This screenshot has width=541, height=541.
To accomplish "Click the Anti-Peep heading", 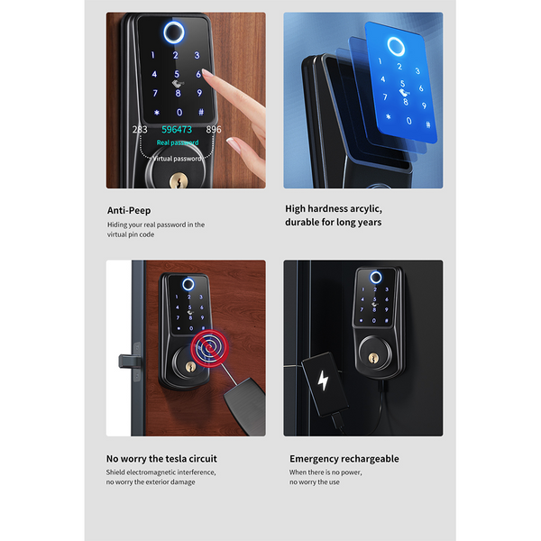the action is pos(129,210).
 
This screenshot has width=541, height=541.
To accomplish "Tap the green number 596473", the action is pos(177,129).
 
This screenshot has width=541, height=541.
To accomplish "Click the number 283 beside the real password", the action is pos(140,129).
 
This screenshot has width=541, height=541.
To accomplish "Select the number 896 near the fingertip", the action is pos(214,129).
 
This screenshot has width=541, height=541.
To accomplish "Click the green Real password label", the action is pos(178,142).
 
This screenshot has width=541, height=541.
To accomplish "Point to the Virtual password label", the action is pos(177,159).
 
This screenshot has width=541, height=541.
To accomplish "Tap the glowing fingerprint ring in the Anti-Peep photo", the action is pos(173,32).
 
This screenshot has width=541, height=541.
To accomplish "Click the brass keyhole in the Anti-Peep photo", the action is pos(179,181).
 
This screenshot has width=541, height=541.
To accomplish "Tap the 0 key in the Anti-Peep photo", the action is pos(179,112).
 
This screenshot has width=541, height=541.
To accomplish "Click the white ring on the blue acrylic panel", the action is pos(396,46).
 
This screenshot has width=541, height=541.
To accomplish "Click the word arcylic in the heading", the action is pos(366,209).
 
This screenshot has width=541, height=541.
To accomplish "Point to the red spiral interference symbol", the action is pos(209,348).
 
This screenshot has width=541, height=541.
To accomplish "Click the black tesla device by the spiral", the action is pos(245,405).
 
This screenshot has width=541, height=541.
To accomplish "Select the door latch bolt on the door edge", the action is pos(129,362).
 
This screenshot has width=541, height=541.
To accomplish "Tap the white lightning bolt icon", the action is pos(323,381).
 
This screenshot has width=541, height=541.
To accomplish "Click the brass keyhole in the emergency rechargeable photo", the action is pos(373,357).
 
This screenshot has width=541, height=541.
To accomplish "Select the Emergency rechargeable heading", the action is pos(344,459).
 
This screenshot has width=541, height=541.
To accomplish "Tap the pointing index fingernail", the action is pos(207,73).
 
